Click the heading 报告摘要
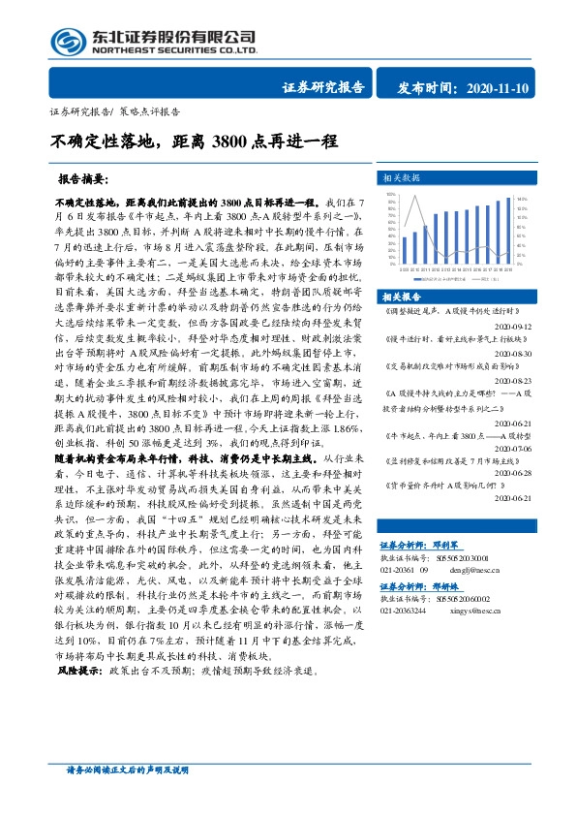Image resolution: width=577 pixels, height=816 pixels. point(83,180)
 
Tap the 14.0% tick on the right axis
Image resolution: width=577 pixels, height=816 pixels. point(522,199)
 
